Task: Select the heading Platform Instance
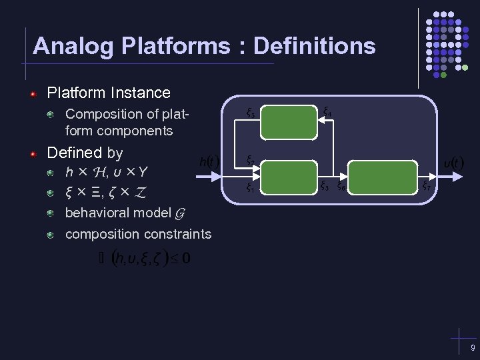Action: point(109,93)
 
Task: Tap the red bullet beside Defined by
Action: point(32,153)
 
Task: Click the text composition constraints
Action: point(138,234)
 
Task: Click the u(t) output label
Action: point(454,163)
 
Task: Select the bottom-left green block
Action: point(288,177)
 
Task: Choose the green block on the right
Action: point(383,177)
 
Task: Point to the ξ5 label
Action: point(249,113)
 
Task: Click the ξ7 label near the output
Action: point(425,186)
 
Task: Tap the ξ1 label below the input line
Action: point(249,187)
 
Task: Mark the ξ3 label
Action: point(324,186)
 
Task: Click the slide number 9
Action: point(472,349)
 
